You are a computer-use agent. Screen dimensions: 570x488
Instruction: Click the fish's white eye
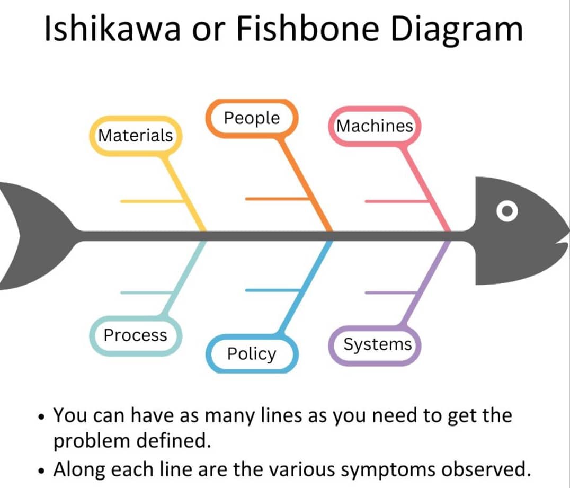click(507, 211)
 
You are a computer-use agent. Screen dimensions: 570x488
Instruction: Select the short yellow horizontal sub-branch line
click(153, 201)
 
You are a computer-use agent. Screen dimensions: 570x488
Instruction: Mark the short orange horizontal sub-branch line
click(278, 199)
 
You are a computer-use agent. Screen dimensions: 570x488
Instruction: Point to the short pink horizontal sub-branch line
click(397, 201)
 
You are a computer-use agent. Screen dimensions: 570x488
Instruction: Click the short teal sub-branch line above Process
click(146, 292)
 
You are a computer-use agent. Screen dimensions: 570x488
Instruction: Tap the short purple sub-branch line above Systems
click(391, 292)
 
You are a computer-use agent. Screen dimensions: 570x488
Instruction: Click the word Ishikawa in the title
click(112, 29)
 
